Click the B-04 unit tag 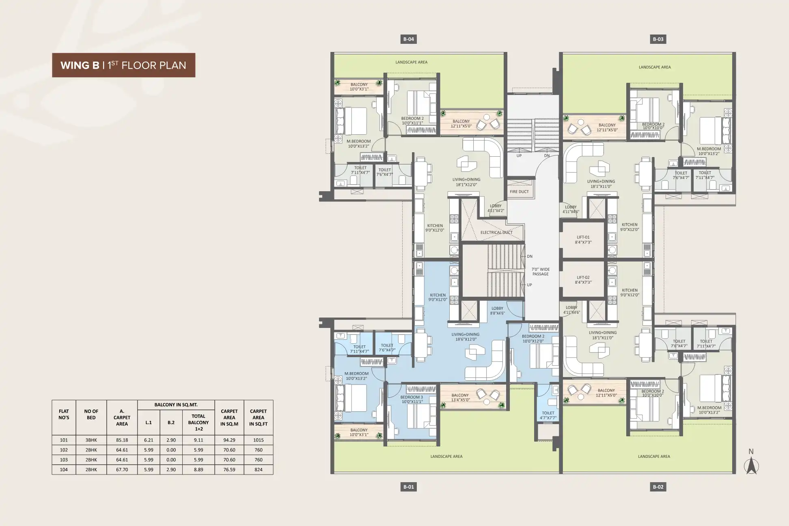[408, 39]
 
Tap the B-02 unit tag [658, 487]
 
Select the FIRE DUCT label [519, 192]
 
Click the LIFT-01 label [583, 239]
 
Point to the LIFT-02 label [583, 280]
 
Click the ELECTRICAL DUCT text [496, 233]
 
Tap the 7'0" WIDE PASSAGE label [541, 272]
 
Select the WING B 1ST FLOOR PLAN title [123, 65]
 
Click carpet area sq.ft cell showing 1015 [258, 440]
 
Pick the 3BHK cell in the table [91, 440]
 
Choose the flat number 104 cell [64, 470]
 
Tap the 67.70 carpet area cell [122, 470]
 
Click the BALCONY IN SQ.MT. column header [176, 405]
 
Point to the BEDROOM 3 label [412, 399]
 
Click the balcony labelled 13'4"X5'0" [460, 397]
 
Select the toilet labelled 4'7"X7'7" [548, 415]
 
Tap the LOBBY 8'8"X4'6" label [497, 310]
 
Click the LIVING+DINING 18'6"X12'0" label [466, 337]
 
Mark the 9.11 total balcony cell [198, 440]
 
